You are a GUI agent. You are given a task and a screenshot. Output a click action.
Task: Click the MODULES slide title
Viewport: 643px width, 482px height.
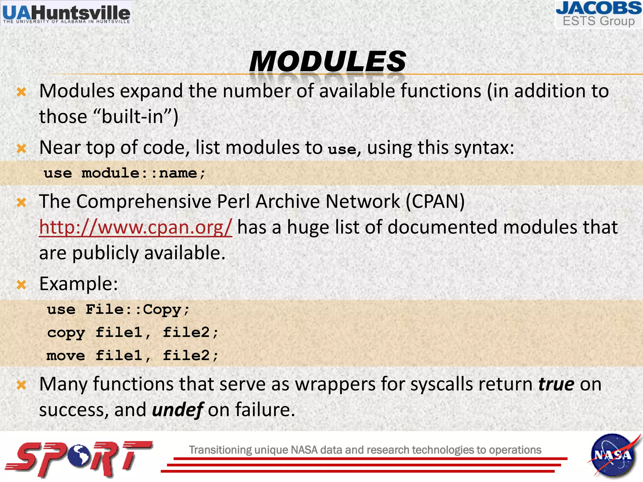coord(327,61)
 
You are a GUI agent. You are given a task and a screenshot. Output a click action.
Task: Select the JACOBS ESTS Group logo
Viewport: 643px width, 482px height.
coord(598,14)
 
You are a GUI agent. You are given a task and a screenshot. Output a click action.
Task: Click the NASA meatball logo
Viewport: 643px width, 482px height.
coord(613,455)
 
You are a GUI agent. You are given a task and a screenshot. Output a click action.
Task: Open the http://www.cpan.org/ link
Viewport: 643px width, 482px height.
coord(135,227)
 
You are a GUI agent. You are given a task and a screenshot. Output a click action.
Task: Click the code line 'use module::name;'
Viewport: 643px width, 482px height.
coord(125,173)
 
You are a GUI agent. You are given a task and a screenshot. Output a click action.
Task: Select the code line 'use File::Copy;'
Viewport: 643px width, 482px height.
coord(118,310)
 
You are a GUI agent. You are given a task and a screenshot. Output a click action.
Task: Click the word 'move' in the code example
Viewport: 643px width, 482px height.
coord(66,356)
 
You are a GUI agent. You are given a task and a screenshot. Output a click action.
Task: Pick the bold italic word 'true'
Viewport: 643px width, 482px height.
coord(556,384)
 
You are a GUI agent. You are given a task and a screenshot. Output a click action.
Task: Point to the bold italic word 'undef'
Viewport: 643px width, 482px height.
coord(178,410)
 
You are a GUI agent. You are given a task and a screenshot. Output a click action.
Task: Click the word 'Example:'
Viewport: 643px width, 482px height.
coord(78,284)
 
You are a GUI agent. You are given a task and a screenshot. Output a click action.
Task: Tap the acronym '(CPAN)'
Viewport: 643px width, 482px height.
coord(435,201)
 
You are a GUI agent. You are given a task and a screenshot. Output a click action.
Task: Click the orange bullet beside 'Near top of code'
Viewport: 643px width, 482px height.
coord(21,148)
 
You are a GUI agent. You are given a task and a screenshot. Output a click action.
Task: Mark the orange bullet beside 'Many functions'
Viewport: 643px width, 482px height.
coord(21,385)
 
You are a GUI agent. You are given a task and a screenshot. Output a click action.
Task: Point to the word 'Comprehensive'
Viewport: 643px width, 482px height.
coord(143,201)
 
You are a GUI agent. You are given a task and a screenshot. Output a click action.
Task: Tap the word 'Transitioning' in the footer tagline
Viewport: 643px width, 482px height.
coord(220,450)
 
